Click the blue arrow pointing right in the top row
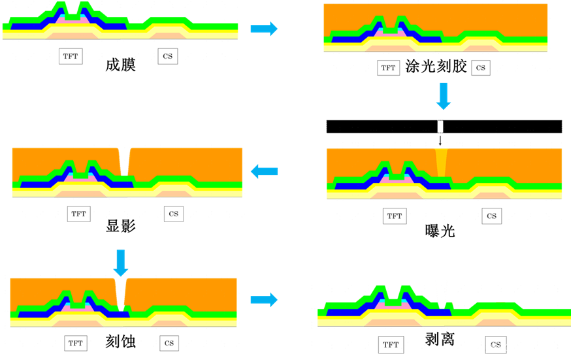coord(264,28)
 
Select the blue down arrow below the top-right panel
coord(444,96)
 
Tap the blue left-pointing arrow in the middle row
coord(265,172)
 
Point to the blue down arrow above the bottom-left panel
coord(121,263)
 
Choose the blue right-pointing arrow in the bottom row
coord(264,300)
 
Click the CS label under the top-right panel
coord(481,68)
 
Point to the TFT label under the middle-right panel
coord(394,216)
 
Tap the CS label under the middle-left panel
coord(174,214)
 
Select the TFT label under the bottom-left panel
coord(76,343)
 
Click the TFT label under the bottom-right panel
coord(391,345)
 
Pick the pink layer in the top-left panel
coord(73,18)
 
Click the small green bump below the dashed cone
coord(447,304)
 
